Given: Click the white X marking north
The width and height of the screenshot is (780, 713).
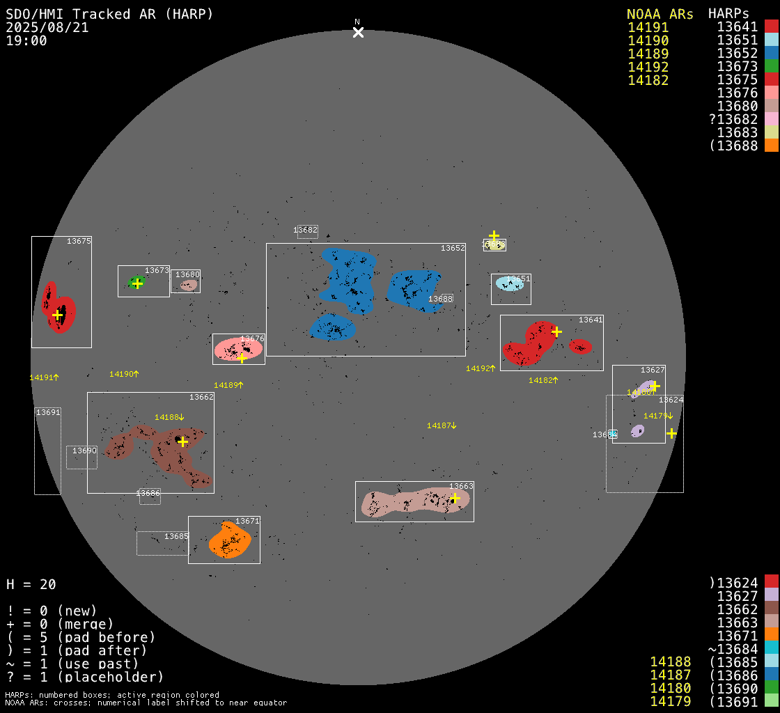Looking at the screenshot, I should click(x=358, y=32).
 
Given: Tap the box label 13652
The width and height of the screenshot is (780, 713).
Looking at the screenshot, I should click(x=452, y=248).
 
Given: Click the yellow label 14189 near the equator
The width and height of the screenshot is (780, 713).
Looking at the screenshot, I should click(x=228, y=385).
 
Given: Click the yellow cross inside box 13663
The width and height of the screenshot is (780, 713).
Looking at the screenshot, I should click(x=455, y=498).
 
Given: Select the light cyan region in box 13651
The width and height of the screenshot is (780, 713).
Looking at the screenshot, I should click(x=510, y=283).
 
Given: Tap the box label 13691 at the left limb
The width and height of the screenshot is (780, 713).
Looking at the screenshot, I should click(x=48, y=412).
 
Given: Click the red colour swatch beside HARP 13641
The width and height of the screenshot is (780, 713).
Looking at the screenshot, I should click(x=771, y=26).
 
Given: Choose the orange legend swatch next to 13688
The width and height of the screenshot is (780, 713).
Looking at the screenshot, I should click(x=771, y=146).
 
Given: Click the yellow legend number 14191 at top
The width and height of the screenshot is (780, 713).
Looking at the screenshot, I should click(x=648, y=27).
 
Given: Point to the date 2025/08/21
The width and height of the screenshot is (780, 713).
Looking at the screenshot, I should click(x=47, y=27).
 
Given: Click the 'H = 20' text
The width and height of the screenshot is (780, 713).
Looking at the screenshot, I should click(x=31, y=584).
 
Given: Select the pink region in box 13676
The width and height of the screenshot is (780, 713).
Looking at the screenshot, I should click(x=237, y=350).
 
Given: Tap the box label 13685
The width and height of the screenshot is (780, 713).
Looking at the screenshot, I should click(x=176, y=537).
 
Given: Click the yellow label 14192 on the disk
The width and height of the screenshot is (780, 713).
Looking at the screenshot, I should click(x=480, y=368).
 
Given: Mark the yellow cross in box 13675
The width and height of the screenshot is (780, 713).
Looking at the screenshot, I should click(x=57, y=315).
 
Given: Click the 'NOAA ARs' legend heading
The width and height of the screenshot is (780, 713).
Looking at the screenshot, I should click(x=660, y=14).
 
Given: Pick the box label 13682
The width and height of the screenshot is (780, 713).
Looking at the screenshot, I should click(x=305, y=230).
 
